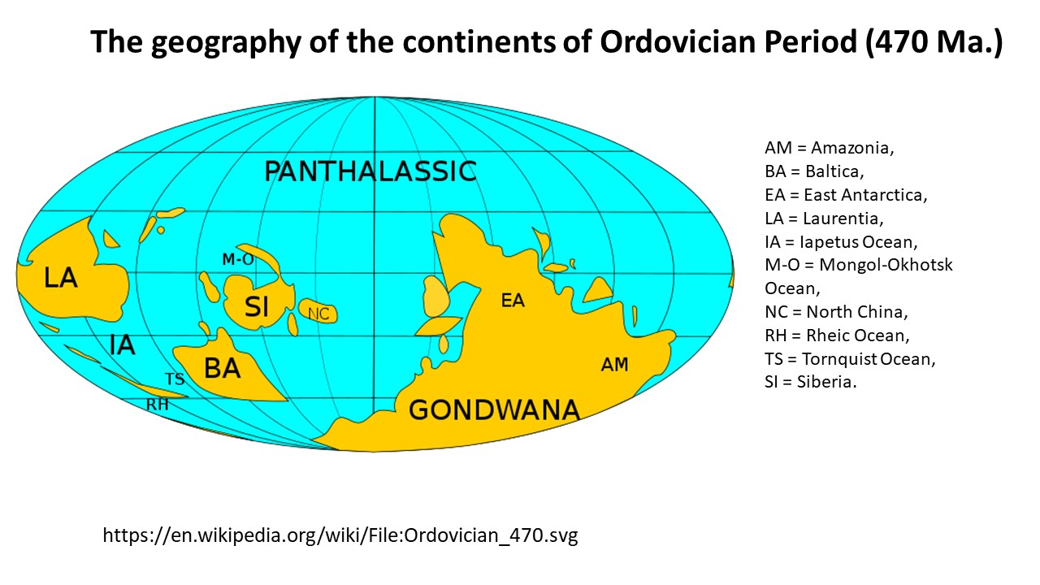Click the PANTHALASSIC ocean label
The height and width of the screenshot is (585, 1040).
tap(370, 171)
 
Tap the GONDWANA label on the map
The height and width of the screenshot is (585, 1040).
tap(494, 410)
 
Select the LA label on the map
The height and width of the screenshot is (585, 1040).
tap(60, 278)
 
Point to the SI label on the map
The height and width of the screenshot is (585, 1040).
tap(256, 306)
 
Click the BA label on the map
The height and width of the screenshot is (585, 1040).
tap(223, 369)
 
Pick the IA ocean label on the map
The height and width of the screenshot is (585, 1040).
tap(122, 345)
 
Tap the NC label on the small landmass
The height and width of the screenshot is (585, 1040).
tap(318, 314)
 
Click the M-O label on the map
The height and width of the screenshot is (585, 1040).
tap(238, 259)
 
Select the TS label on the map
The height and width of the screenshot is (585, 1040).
tap(175, 379)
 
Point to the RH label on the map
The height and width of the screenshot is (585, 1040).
tap(158, 405)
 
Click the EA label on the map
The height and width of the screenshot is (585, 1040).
tap(513, 301)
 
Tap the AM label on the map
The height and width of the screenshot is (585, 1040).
tap(614, 365)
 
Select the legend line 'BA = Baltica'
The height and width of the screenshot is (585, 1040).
tap(814, 171)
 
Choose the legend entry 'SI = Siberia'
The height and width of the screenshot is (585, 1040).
tap(811, 382)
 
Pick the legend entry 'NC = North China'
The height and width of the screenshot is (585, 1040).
tap(836, 311)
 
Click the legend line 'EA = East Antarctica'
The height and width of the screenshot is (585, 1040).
tap(846, 195)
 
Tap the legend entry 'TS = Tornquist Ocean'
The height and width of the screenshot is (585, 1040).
tap(850, 359)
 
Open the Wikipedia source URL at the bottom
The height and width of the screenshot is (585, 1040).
tap(340, 535)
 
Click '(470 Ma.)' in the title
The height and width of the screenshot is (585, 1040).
tap(934, 41)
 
